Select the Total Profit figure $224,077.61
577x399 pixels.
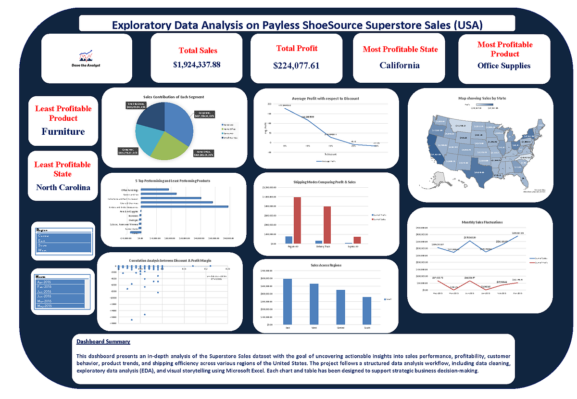tap(296, 65)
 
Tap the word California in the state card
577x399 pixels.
tap(400, 65)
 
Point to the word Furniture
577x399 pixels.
tap(63, 131)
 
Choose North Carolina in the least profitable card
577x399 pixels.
tap(63, 187)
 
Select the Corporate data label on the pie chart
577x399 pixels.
tap(205, 115)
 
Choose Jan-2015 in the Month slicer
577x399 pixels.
tap(61, 291)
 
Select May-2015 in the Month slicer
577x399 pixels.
tap(61, 306)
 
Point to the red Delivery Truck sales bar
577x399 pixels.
tap(327, 225)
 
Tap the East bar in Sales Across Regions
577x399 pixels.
tap(288, 301)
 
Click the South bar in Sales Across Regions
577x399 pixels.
tap(367, 310)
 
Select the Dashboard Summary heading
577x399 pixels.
tap(103, 342)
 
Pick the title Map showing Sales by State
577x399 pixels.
tap(482, 98)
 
